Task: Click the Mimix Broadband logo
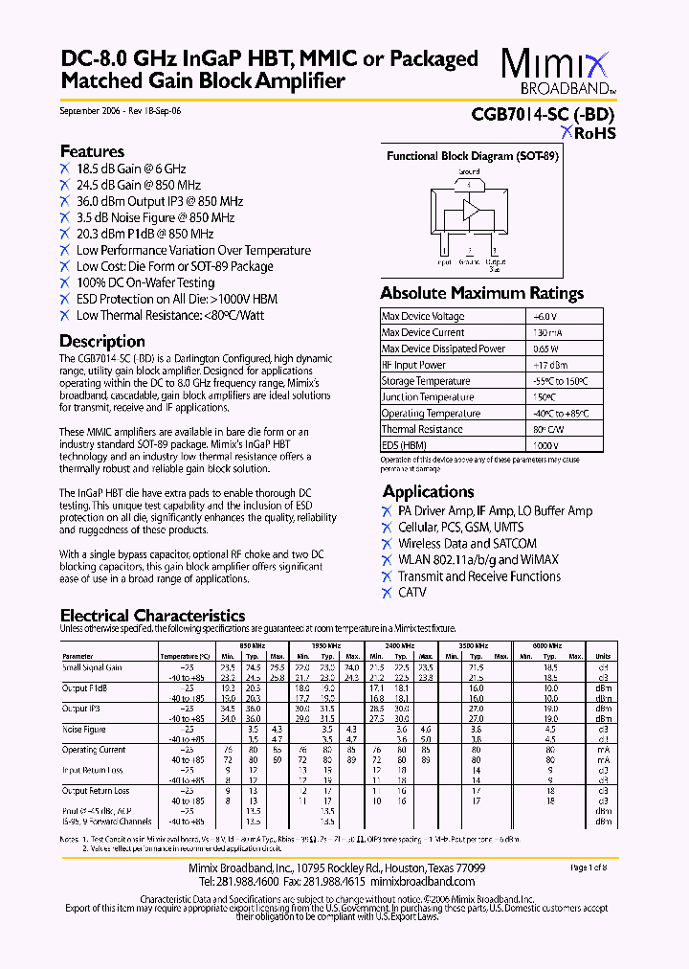tap(557, 72)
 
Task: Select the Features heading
tap(92, 151)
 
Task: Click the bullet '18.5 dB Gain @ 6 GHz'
tap(131, 169)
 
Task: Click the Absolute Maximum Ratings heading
tap(481, 294)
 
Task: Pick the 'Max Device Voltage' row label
tap(423, 317)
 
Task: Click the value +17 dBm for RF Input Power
tap(549, 365)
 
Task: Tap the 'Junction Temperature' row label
tap(427, 397)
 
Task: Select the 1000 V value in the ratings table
tap(545, 446)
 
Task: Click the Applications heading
tap(428, 492)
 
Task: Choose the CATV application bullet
tap(412, 593)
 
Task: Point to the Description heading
tap(102, 342)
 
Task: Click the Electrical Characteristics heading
tap(152, 616)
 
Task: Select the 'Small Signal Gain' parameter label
tap(92, 667)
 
